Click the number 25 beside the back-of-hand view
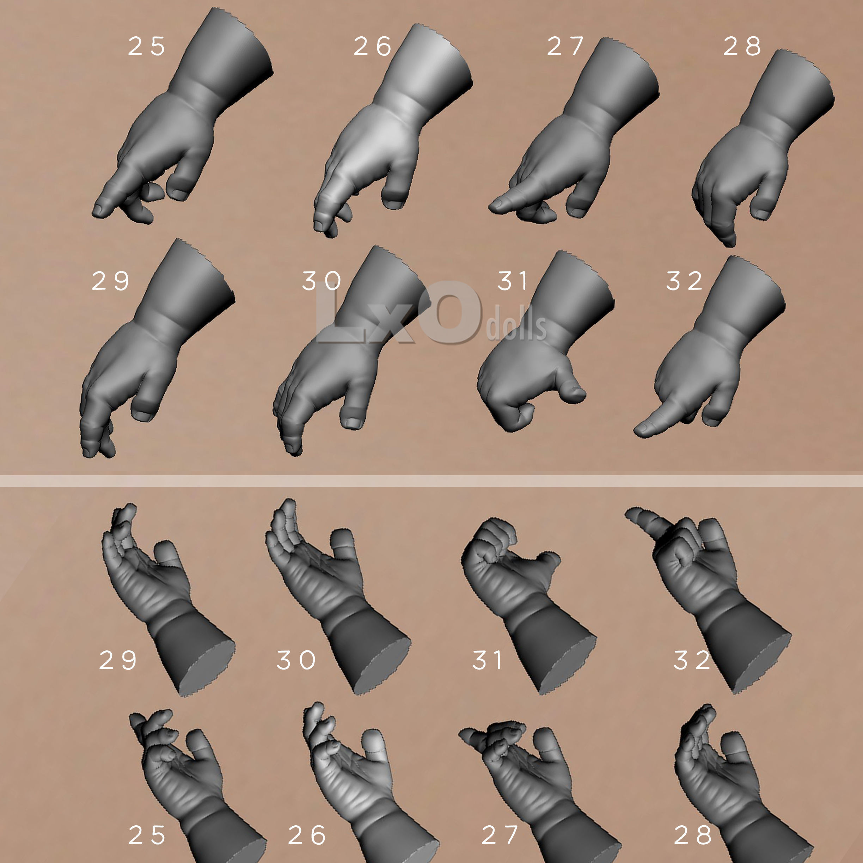click(147, 47)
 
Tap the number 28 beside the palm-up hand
click(692, 835)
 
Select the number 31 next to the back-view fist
click(513, 281)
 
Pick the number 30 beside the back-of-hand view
click(322, 281)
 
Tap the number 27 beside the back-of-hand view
click(565, 47)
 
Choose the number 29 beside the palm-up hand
click(117, 660)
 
